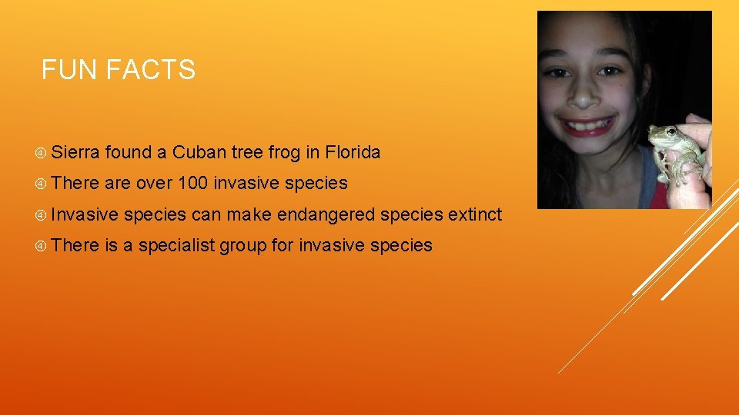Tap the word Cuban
tap(199, 153)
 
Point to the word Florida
tap(353, 153)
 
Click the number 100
tap(193, 184)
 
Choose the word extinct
tap(475, 214)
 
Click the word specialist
tap(178, 245)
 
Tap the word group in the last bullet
tap(242, 245)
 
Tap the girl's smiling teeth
tap(588, 122)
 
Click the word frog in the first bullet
tap(285, 153)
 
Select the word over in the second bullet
tap(154, 184)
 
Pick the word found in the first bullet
tap(129, 153)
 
